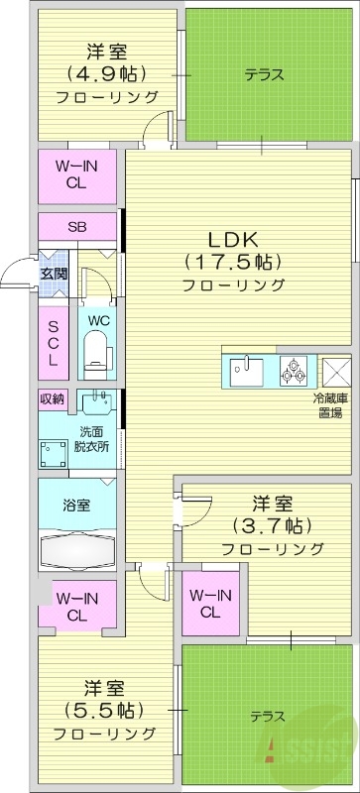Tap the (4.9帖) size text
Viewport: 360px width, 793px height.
coord(106,73)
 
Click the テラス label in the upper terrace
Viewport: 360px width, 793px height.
coord(265,74)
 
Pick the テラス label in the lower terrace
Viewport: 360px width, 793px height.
coord(267,716)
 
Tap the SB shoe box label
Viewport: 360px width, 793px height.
coord(77,226)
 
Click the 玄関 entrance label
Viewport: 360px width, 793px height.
coord(54,273)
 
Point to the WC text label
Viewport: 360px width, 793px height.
coord(97,320)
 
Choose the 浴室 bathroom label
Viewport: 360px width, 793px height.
coord(77,506)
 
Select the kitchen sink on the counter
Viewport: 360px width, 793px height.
coord(247,373)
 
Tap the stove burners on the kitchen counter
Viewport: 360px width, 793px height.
coord(294,370)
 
